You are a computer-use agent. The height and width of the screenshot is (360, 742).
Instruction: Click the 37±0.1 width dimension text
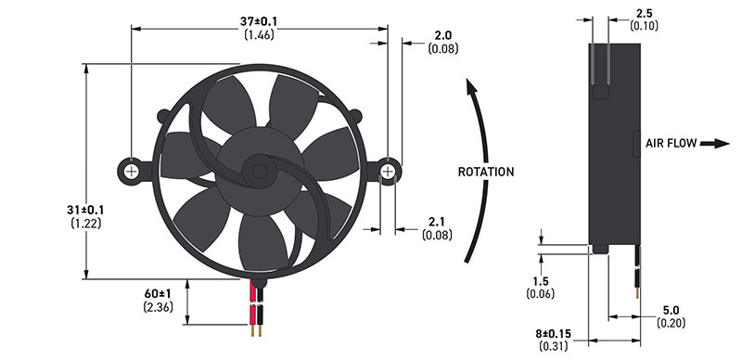coord(259,21)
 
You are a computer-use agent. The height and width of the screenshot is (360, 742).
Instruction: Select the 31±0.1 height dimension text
coord(85,210)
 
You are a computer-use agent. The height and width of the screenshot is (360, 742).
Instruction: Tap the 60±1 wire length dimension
coord(158,294)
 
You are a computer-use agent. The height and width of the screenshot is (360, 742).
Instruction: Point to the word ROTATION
coord(485,172)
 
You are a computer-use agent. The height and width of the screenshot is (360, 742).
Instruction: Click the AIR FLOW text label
coord(671,143)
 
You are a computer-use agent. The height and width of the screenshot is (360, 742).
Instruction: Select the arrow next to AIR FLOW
coord(714,144)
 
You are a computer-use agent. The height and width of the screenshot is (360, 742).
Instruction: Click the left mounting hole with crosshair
coord(132,171)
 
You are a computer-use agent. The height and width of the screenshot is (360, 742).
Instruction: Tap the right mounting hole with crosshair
coord(388,171)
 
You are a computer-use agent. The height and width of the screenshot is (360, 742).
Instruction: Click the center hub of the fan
coord(259,171)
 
